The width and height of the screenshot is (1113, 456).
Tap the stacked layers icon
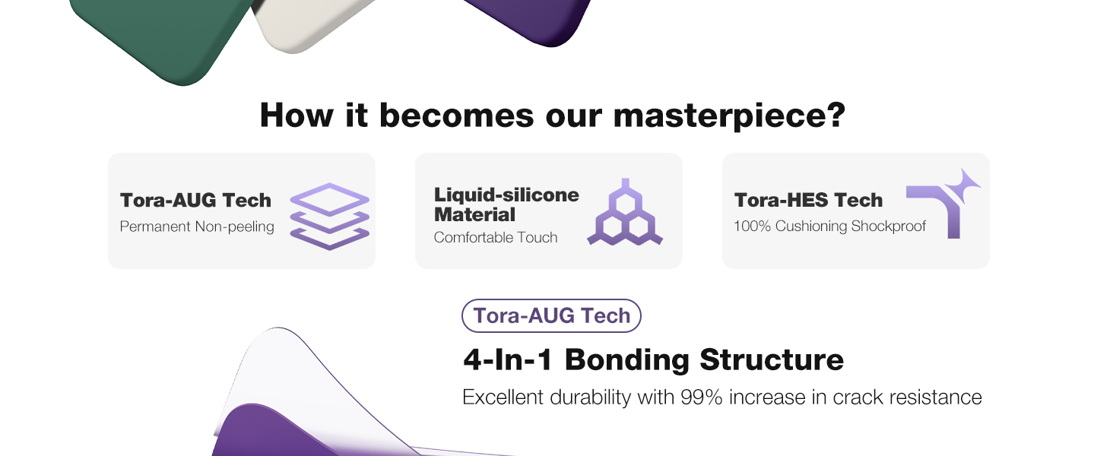pyautogui.click(x=329, y=217)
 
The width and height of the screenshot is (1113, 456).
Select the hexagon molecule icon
pyautogui.click(x=625, y=212)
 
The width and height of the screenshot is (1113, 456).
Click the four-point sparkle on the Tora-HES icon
pyautogui.click(x=963, y=185)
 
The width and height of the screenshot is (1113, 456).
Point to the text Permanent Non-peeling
pyautogui.click(x=197, y=226)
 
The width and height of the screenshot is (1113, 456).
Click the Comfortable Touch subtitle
pyautogui.click(x=496, y=237)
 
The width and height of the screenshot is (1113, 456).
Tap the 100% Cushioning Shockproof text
pyautogui.click(x=829, y=226)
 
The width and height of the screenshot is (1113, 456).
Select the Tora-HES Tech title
pyautogui.click(x=808, y=200)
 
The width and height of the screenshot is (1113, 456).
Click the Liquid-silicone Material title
pyautogui.click(x=506, y=204)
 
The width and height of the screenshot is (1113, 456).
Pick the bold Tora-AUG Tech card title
pyautogui.click(x=196, y=200)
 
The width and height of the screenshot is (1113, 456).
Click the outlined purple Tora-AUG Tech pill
pyautogui.click(x=551, y=316)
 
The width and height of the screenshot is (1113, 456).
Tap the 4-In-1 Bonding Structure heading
pyautogui.click(x=653, y=359)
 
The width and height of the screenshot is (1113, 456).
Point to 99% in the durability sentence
pyautogui.click(x=701, y=397)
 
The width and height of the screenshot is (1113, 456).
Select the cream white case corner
pyautogui.click(x=308, y=22)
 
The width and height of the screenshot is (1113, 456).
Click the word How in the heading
pyautogui.click(x=296, y=116)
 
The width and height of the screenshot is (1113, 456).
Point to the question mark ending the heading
pyautogui.click(x=836, y=115)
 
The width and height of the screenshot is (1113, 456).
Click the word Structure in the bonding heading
pyautogui.click(x=772, y=359)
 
